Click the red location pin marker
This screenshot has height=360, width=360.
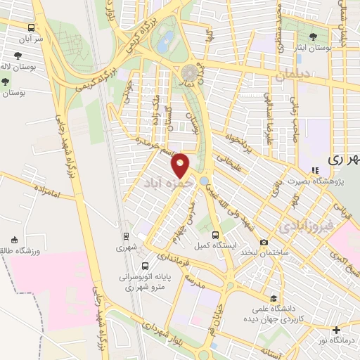(181, 165)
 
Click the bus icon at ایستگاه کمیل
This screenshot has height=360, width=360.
(216, 235)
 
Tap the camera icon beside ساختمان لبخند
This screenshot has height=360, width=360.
(263, 243)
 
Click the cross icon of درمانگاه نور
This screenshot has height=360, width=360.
(336, 330)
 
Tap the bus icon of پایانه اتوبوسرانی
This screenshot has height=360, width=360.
(145, 266)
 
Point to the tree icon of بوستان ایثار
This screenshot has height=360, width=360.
(313, 36)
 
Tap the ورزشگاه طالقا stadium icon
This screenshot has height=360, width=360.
(13, 240)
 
